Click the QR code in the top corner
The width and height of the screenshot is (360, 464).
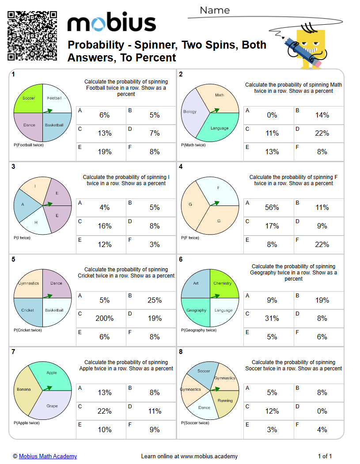[32, 36]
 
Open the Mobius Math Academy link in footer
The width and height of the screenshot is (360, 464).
[48, 456]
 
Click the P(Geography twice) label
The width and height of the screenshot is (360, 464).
[199, 330]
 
